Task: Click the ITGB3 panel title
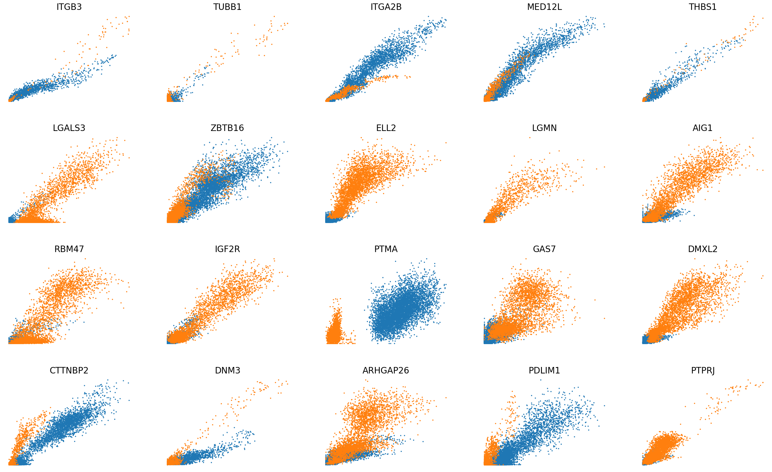69,7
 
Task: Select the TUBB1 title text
228,7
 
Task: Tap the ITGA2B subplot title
386,7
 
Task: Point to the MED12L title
544,7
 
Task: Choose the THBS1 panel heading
703,7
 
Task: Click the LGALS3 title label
69,128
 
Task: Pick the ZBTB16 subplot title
228,128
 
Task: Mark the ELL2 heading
386,128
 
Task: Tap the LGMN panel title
544,128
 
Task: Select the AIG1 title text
703,128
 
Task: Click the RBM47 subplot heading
69,249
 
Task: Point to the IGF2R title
228,249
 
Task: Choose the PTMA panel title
386,249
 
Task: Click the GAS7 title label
544,249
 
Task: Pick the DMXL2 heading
703,249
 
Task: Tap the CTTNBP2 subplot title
69,370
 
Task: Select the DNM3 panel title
228,370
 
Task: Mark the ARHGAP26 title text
386,370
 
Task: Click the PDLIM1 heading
544,370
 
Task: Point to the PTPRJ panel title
703,370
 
